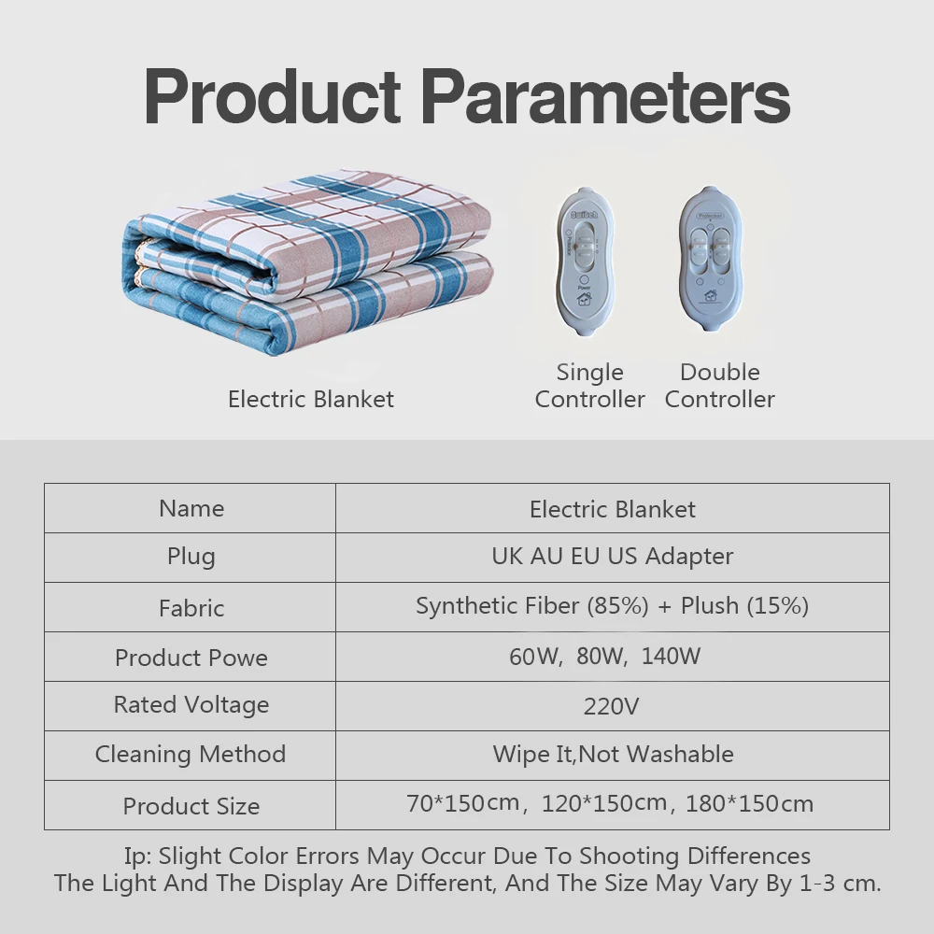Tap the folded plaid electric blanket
pos(308,262)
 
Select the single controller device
pos(585,262)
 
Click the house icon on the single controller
pos(585,298)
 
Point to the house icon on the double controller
pos(710,295)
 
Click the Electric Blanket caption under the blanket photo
pos(311,399)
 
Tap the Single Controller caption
pos(589,386)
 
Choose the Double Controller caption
pos(719,386)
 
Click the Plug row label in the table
pos(191,557)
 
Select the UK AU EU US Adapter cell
pos(613,557)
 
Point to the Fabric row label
pos(191,608)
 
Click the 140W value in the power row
pos(671,657)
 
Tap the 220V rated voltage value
pos(611,706)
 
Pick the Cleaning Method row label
pos(191,754)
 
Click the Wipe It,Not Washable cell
pos(613,754)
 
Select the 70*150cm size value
pos(463,803)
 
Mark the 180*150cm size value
pos(749,803)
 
